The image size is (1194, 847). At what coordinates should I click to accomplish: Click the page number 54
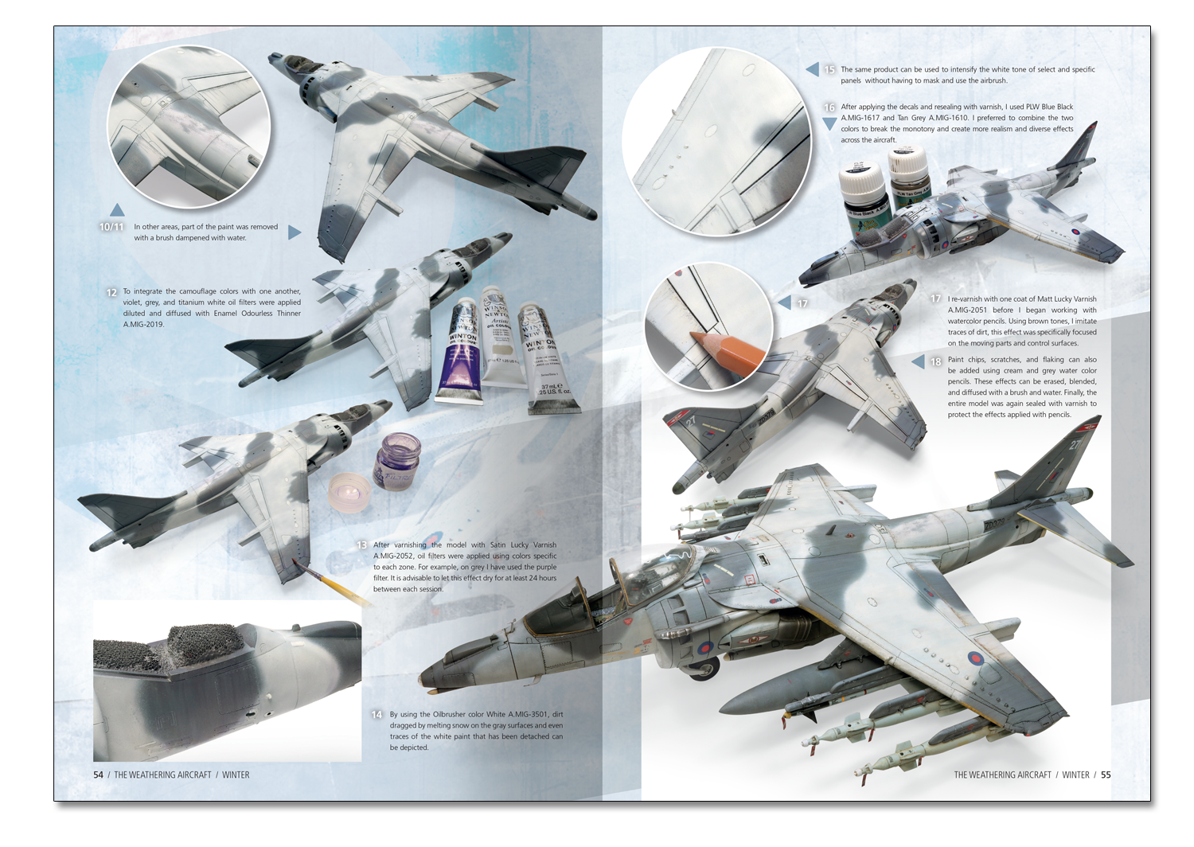click(x=98, y=775)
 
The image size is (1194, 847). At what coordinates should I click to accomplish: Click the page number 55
click(x=1106, y=775)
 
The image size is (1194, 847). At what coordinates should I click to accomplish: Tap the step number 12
click(x=111, y=293)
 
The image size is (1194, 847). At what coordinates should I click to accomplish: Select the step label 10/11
click(x=111, y=227)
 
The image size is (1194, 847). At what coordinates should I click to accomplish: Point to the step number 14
click(x=377, y=715)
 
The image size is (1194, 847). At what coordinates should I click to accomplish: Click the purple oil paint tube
click(x=456, y=349)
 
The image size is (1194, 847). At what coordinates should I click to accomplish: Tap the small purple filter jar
click(x=397, y=461)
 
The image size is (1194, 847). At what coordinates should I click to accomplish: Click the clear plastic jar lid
click(x=349, y=492)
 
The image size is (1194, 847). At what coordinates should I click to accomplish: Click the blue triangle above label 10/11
click(x=117, y=209)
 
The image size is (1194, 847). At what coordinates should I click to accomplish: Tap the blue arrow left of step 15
click(x=812, y=68)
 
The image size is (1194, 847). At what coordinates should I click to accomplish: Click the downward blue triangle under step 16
click(x=829, y=123)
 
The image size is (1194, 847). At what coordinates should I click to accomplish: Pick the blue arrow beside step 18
click(x=918, y=361)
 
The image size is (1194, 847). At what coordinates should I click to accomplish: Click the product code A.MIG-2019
click(x=143, y=324)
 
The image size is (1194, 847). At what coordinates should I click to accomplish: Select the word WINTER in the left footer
click(x=236, y=775)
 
